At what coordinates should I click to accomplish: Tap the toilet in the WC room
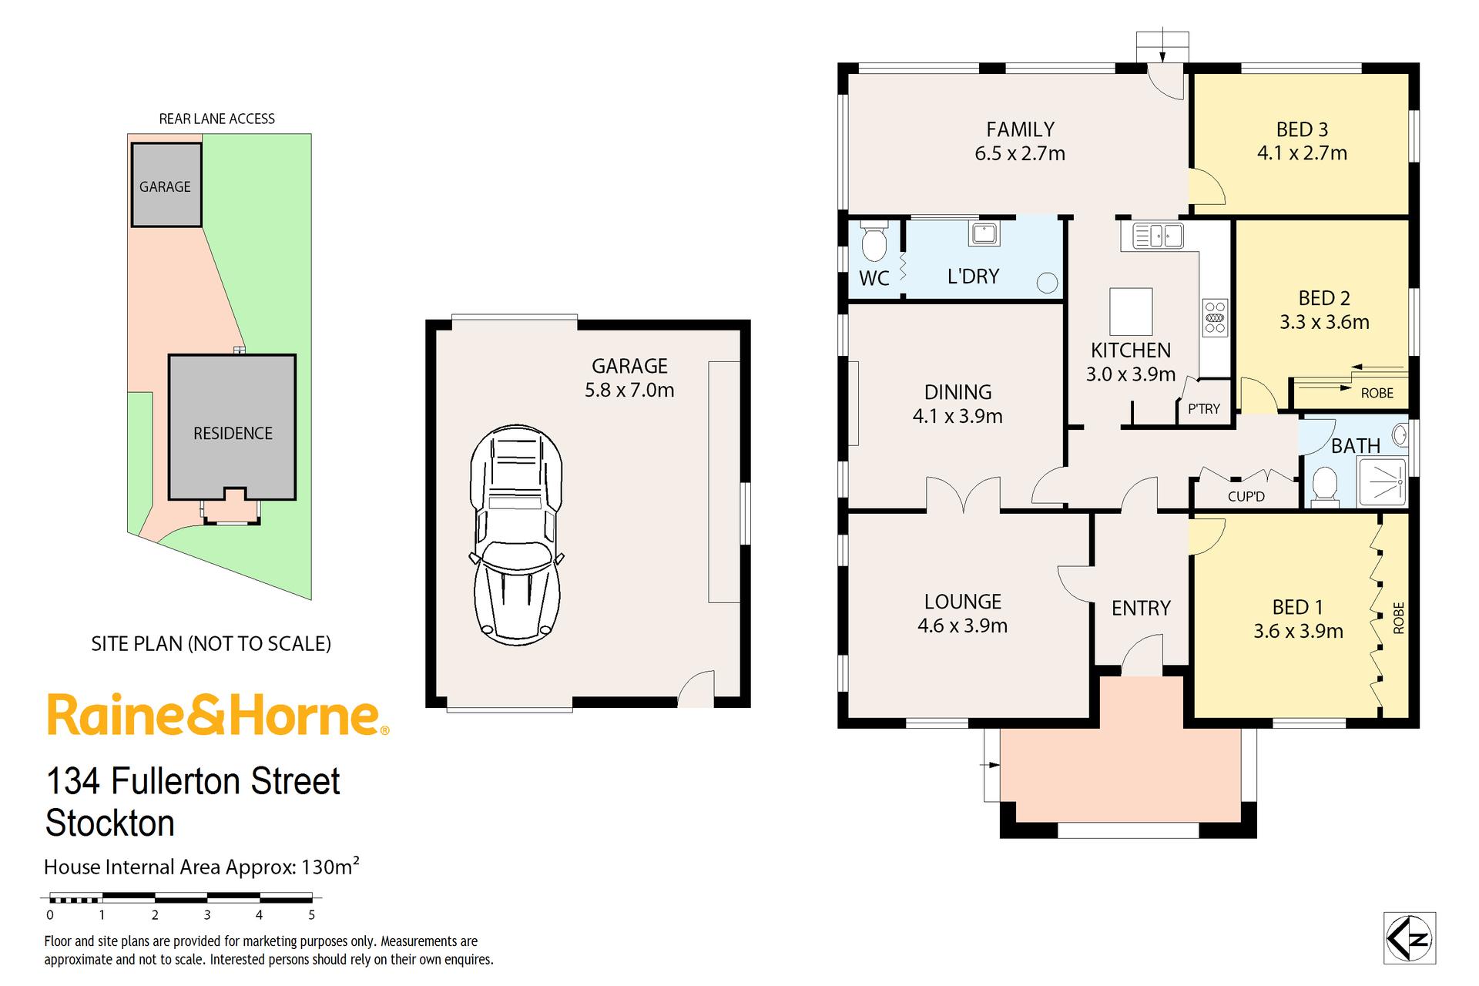tap(874, 242)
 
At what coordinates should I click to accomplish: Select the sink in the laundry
tap(984, 233)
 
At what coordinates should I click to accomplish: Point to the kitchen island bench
tap(1131, 311)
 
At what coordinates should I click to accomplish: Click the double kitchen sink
tap(1157, 235)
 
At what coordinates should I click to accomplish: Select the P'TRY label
tap(1204, 409)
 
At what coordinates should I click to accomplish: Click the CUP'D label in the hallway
tap(1246, 497)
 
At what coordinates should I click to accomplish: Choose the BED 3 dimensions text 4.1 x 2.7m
tap(1302, 153)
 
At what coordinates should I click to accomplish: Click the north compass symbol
tap(1410, 938)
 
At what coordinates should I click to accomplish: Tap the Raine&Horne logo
tap(218, 715)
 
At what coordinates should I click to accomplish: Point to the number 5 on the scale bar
tap(312, 915)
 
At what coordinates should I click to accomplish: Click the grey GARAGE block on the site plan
tap(166, 185)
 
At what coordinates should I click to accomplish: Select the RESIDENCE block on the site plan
tap(232, 427)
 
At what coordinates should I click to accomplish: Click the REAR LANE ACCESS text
tap(216, 119)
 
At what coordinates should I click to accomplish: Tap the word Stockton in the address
tap(110, 823)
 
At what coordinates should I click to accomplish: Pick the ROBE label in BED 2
tap(1377, 393)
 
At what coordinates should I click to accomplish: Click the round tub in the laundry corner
tap(1047, 283)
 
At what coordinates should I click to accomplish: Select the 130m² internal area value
tap(330, 866)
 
